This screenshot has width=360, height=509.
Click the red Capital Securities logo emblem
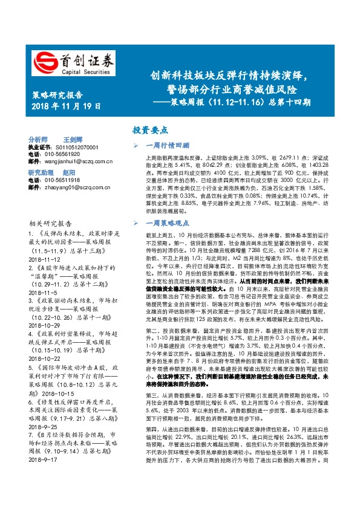click(x=45, y=62)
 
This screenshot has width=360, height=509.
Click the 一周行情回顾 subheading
click(x=169, y=146)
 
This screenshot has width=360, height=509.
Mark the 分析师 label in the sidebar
click(x=38, y=139)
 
